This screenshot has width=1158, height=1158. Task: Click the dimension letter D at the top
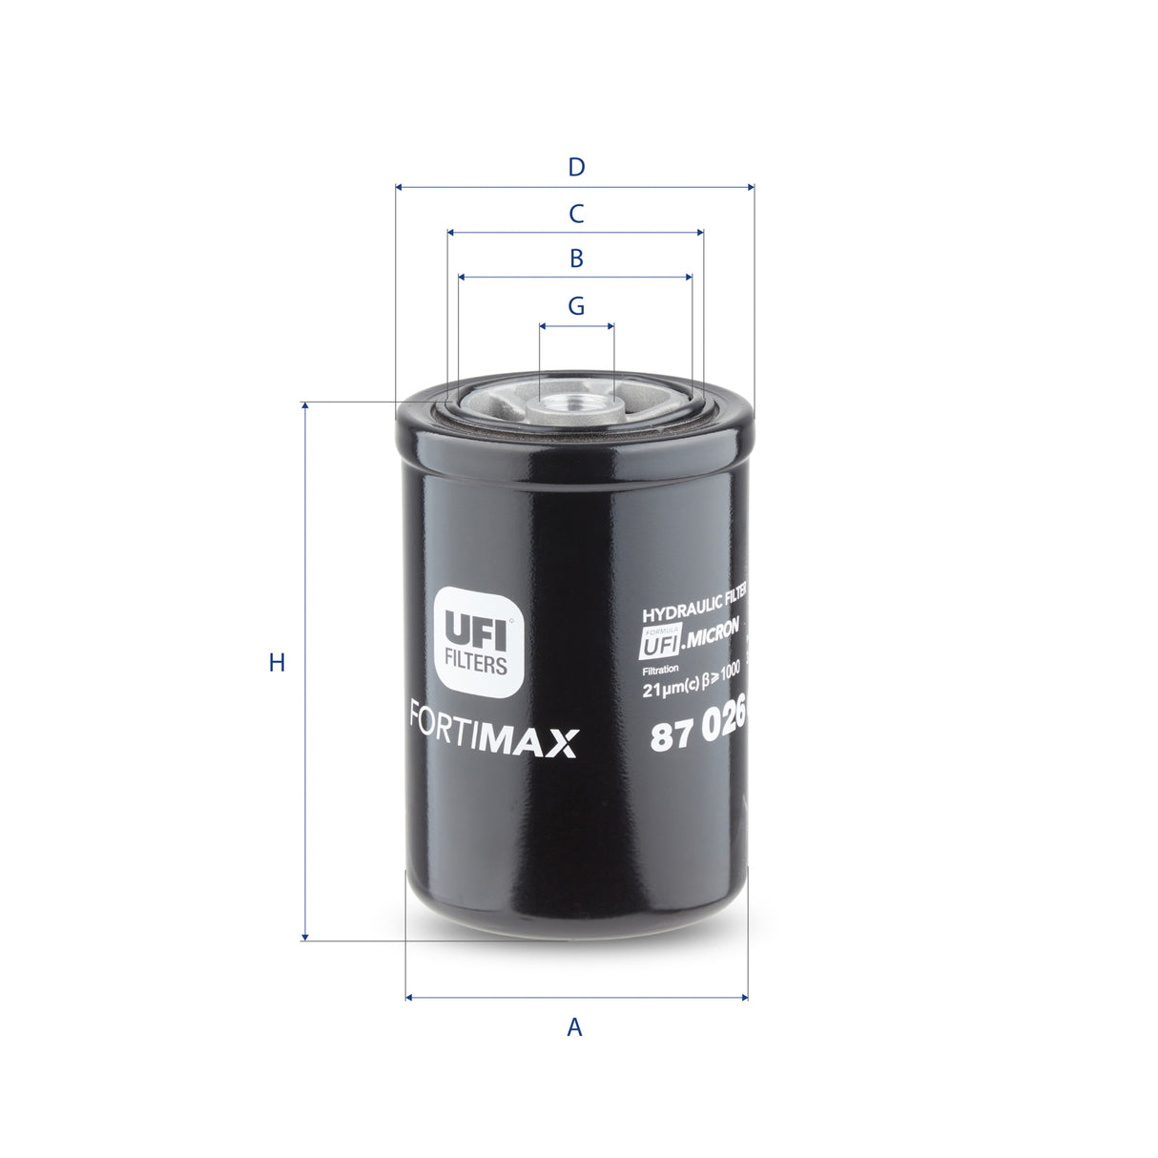click(x=576, y=168)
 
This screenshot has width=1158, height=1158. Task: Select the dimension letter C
click(x=576, y=214)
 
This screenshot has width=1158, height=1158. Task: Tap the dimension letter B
click(x=576, y=258)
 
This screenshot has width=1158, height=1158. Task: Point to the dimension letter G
click(x=576, y=306)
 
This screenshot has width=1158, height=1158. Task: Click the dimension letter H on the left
click(x=277, y=662)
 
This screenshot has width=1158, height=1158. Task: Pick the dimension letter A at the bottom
click(x=574, y=1027)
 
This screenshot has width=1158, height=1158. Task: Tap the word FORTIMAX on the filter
click(x=494, y=742)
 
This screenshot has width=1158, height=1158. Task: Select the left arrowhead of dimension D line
click(x=399, y=187)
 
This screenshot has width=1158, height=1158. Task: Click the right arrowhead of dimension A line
click(x=744, y=998)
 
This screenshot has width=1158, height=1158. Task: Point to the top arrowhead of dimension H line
click(x=305, y=406)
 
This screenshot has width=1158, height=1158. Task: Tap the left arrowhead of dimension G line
click(x=543, y=325)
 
